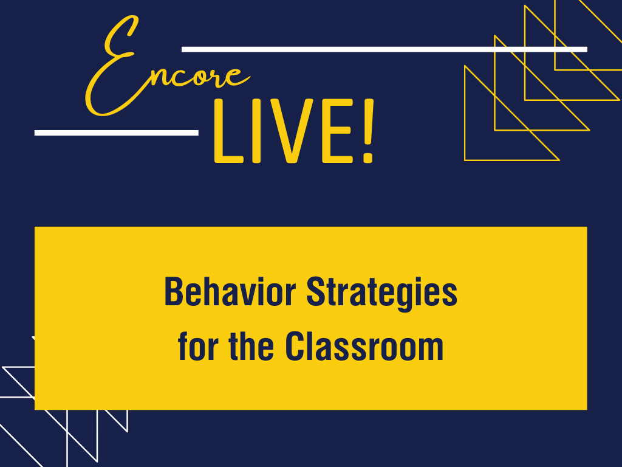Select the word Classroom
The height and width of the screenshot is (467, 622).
click(x=364, y=347)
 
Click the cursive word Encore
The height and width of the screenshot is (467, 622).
click(x=164, y=70)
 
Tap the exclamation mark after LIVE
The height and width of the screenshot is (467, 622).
click(x=367, y=134)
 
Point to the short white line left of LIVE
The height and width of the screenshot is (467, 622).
click(x=116, y=133)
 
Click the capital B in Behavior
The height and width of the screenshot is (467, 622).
click(x=173, y=292)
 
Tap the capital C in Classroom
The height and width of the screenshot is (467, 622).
click(x=294, y=347)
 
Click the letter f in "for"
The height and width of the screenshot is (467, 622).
click(x=183, y=347)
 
